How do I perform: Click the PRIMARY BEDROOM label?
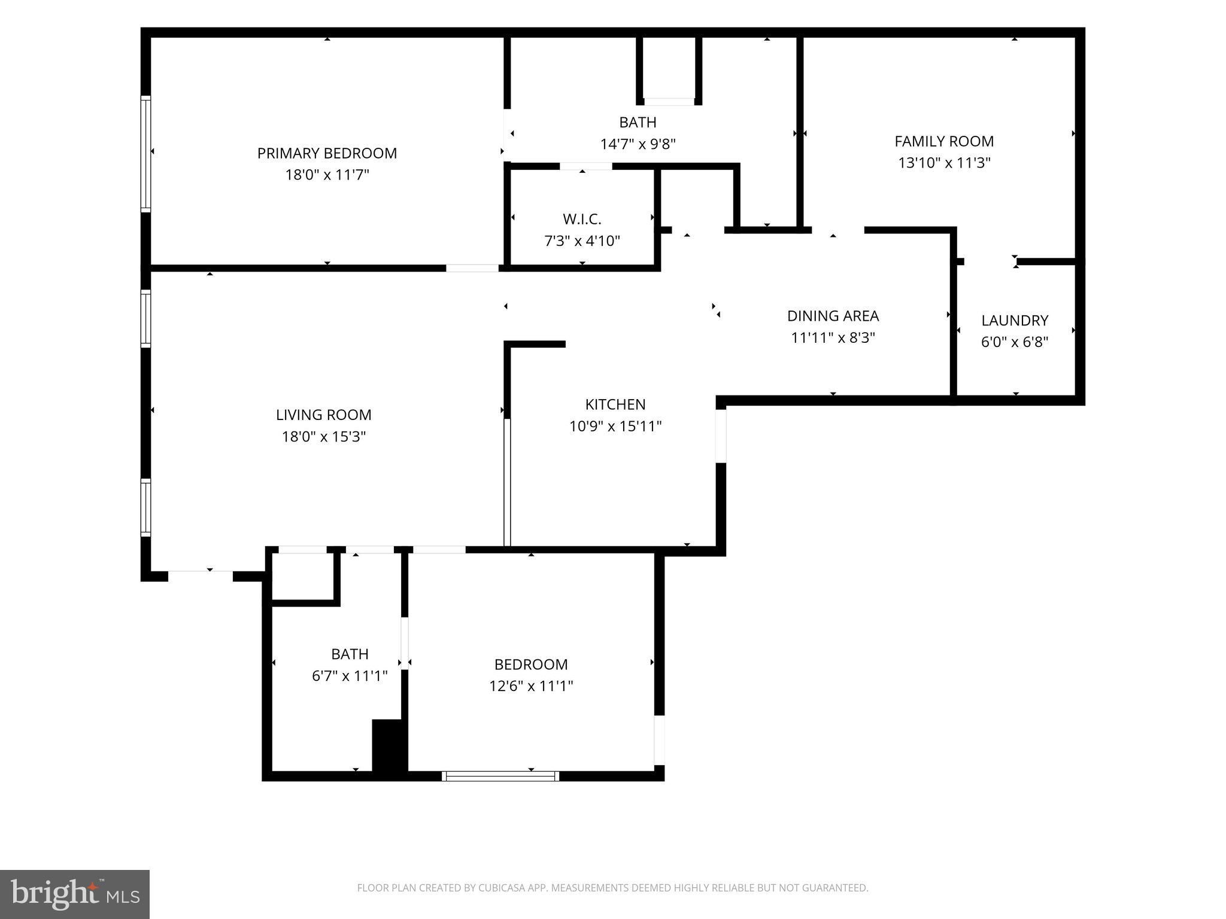click(327, 153)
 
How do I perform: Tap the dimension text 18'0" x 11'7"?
click(327, 175)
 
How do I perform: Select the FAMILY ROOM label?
click(944, 141)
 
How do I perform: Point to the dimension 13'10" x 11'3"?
click(944, 163)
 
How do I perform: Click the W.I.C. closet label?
click(582, 219)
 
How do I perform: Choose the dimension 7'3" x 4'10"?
click(582, 241)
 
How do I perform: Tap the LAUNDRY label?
click(1015, 321)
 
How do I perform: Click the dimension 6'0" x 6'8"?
click(1015, 342)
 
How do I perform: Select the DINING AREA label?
click(833, 316)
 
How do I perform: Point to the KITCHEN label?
click(615, 404)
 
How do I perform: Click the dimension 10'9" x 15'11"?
click(615, 427)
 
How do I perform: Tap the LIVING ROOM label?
click(323, 415)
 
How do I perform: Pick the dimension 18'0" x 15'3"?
click(323, 437)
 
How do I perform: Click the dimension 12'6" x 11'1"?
click(531, 686)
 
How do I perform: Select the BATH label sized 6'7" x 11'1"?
click(350, 654)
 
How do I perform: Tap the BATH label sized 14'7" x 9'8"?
click(638, 122)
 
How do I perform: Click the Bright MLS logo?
click(75, 894)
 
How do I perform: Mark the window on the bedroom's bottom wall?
click(500, 776)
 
